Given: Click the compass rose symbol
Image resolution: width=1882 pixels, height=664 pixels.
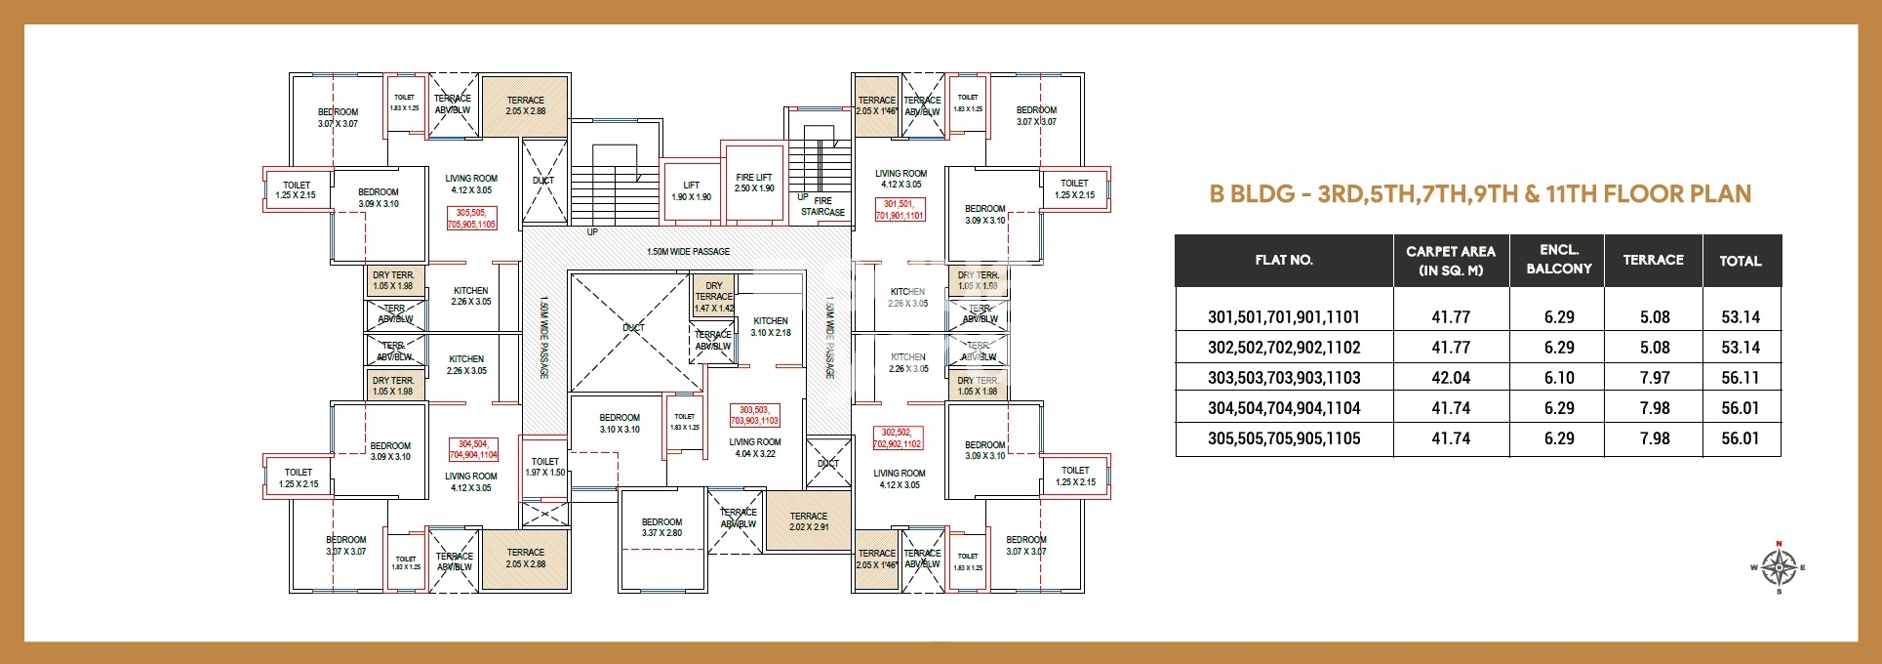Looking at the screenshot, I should coord(1779,567).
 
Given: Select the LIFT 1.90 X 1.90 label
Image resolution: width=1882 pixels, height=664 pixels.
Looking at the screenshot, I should coord(691,190).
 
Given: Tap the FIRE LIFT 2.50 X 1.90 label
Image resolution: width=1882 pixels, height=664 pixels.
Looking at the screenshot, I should coord(754,183).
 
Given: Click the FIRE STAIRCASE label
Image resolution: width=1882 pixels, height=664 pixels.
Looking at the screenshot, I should coord(822,206).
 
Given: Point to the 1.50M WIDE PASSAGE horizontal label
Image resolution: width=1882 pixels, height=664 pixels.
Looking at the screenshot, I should coord(688,252).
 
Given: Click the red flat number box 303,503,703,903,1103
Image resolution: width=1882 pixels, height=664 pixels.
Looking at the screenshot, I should coord(754,415).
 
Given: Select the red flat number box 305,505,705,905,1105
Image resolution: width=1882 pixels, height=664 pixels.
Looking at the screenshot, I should coord(471,218).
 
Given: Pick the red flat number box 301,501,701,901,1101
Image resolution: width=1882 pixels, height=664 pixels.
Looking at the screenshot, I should coord(900,210).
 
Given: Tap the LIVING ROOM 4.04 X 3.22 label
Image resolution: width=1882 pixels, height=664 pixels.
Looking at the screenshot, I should coord(755,447).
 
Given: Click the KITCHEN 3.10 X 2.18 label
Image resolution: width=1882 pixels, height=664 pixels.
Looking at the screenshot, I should coord(771,326).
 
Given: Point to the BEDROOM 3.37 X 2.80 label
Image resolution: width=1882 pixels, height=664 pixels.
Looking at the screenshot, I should coord(661,527).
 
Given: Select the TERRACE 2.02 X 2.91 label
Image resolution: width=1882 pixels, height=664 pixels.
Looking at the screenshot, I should coord(808,521).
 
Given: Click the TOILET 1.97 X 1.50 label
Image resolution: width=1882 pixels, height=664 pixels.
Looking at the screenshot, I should coord(545,467).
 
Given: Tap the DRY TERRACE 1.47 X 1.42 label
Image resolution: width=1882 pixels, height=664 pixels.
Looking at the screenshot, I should coord(714,297).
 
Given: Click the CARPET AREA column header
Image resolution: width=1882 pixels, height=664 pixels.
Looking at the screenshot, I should coord(1450,261).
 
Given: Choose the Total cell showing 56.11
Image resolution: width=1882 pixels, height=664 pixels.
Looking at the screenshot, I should coord(1740,378).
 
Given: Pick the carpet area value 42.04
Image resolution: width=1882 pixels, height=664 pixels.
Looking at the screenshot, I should coord(1450,378).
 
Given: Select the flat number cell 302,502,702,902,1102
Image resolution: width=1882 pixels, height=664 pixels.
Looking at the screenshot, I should coord(1283,348).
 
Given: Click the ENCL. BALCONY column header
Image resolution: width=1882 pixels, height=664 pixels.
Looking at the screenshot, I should coord(1558,260).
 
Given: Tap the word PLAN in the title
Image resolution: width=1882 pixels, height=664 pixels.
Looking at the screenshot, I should coord(1717,193).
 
